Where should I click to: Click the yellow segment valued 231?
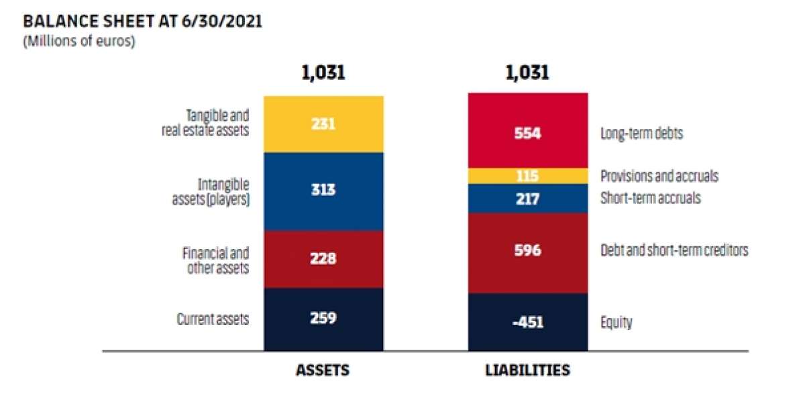(x=323, y=124)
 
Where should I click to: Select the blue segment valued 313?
(x=323, y=191)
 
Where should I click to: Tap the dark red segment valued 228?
(x=323, y=259)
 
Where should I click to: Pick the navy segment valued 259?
(x=323, y=319)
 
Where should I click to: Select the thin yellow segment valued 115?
(x=527, y=176)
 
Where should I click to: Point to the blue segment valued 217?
(x=527, y=199)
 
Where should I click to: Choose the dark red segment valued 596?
(x=527, y=252)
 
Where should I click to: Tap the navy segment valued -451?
(x=527, y=322)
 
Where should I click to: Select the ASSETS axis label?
(x=323, y=370)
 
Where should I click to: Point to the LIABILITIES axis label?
(x=527, y=370)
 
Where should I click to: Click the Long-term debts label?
(x=641, y=134)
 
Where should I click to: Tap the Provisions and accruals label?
(x=659, y=176)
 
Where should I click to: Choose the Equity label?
(x=616, y=323)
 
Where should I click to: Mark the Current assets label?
(x=213, y=319)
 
